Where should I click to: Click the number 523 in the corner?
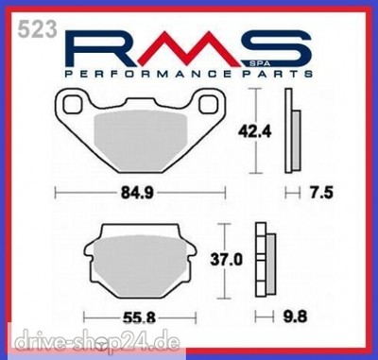pos(38,29)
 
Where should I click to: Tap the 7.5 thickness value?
pos(320,192)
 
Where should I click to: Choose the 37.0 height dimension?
pos(227,260)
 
